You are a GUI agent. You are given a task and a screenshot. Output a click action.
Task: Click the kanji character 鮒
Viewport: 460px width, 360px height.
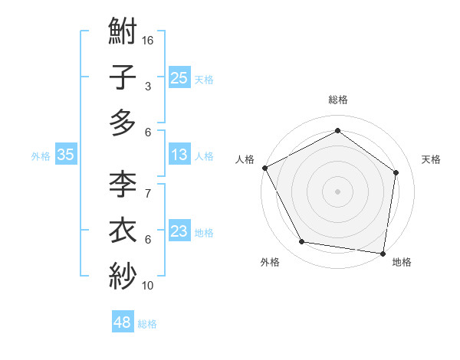pyautogui.click(x=123, y=33)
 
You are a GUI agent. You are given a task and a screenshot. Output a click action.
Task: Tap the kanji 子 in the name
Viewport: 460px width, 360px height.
pyautogui.click(x=123, y=77)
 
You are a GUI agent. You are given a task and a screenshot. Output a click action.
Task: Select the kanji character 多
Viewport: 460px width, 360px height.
pyautogui.click(x=123, y=123)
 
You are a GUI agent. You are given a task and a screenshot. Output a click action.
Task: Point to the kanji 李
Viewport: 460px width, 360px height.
pyautogui.click(x=123, y=185)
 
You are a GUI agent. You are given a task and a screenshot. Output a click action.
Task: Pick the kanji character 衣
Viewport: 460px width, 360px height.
pyautogui.click(x=123, y=230)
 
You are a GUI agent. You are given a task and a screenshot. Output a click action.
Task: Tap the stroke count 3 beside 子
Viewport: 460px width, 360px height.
pyautogui.click(x=148, y=87)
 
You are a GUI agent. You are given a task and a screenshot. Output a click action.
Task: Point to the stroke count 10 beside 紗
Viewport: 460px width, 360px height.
pyautogui.click(x=148, y=286)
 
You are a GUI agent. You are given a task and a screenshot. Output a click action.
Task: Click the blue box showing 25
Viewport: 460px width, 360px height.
pyautogui.click(x=179, y=78)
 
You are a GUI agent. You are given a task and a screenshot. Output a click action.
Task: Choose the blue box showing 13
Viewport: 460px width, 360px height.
pyautogui.click(x=179, y=155)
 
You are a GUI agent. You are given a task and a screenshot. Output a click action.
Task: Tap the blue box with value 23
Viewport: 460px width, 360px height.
pyautogui.click(x=179, y=231)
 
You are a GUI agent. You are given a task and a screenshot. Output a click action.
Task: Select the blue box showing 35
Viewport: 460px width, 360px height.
pyautogui.click(x=66, y=155)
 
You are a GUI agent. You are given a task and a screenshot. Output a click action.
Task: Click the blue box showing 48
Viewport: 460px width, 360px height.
pyautogui.click(x=123, y=322)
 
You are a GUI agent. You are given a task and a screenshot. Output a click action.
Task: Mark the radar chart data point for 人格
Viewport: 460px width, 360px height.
pyautogui.click(x=264, y=168)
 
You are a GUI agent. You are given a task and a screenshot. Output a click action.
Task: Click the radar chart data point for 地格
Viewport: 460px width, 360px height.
pyautogui.click(x=383, y=253)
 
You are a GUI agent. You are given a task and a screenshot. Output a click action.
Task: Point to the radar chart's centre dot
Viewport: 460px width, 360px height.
pyautogui.click(x=337, y=191)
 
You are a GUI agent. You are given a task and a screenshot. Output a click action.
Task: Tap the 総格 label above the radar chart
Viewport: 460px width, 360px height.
pyautogui.click(x=337, y=100)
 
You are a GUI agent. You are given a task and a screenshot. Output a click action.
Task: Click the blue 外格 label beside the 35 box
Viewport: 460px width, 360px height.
pyautogui.click(x=41, y=155)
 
